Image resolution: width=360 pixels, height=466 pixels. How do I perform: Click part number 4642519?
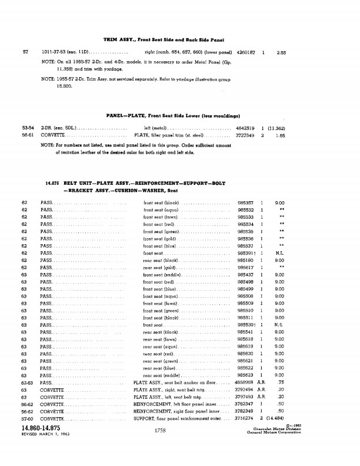tap(245, 128)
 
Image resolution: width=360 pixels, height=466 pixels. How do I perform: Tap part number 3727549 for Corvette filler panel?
tap(245, 135)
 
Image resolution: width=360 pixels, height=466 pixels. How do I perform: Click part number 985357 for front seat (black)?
tap(245, 202)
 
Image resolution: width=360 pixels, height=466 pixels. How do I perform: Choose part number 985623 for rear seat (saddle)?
tap(245, 375)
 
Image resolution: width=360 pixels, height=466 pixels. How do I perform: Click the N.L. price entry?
tap(280, 252)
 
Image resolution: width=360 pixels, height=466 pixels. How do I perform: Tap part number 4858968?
tap(245, 382)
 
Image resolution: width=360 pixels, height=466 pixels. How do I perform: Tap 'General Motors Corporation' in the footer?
tap(284, 433)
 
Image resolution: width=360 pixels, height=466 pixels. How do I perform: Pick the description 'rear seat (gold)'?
tap(159, 267)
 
